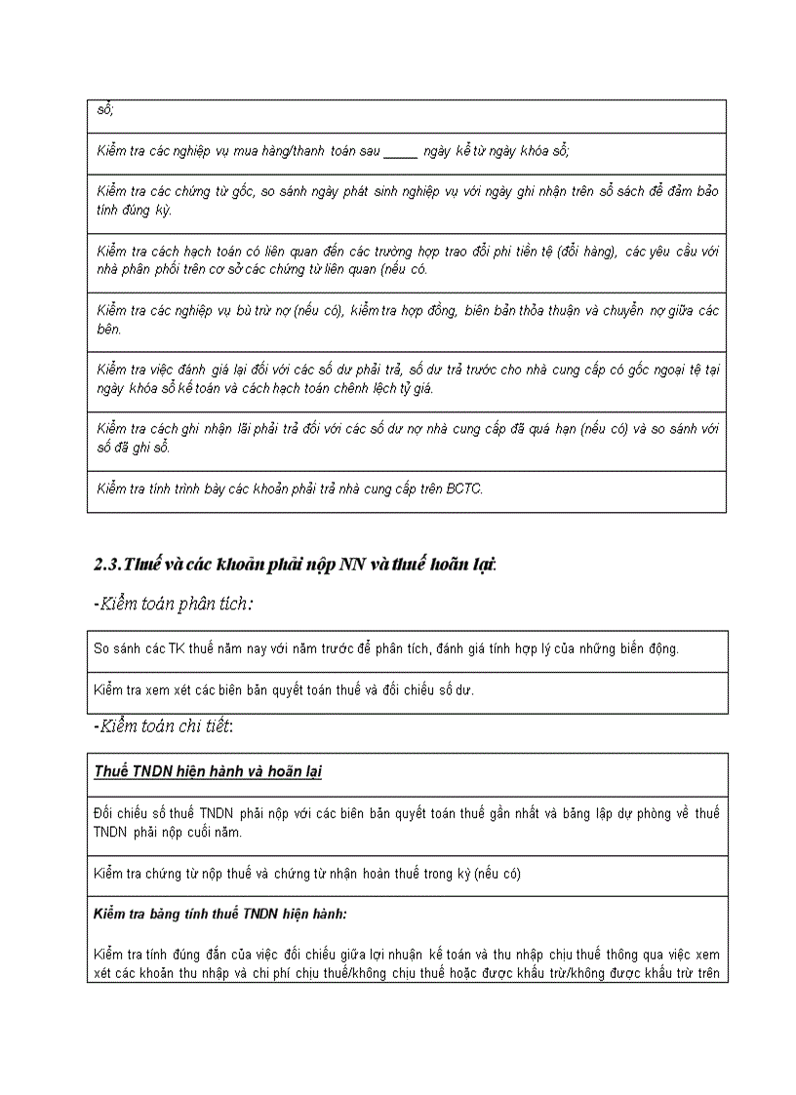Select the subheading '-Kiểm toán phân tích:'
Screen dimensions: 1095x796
[x=174, y=605]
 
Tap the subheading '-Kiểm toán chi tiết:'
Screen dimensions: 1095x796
[x=164, y=726]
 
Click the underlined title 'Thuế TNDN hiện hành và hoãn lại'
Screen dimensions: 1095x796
[x=208, y=772]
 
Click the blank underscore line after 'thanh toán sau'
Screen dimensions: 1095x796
[x=400, y=151]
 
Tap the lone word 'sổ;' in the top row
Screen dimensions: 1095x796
[x=105, y=109]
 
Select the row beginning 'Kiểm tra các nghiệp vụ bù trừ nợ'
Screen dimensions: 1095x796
[x=407, y=320]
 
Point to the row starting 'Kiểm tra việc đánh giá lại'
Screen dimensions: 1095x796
[x=407, y=379]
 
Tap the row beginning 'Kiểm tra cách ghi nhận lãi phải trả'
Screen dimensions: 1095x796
[x=407, y=439]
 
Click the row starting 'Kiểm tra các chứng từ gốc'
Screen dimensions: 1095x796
[x=407, y=201]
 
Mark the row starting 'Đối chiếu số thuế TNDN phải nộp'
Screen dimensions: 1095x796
[x=407, y=823]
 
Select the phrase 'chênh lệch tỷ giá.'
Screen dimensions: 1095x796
[x=381, y=389]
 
